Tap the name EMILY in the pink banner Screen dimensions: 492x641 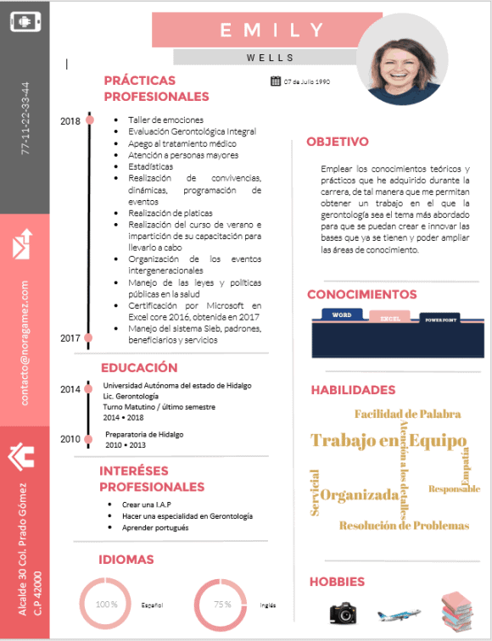point(272,31)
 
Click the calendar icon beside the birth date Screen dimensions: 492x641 point(275,81)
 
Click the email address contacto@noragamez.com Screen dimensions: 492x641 point(25,343)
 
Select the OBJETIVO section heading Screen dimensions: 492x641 point(338,142)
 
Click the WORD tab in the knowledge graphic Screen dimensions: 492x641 point(342,315)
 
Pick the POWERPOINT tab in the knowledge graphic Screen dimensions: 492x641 point(440,320)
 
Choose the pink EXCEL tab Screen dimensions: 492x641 point(390,318)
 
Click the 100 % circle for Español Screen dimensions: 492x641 point(106,605)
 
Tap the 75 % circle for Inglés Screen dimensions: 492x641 point(221,605)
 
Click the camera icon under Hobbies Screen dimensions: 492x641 point(343,612)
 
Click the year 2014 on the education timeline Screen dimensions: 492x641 point(70,389)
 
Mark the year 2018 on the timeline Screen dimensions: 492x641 point(70,121)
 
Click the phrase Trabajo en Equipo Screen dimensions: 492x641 point(389,441)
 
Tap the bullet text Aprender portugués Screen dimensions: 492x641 point(155,527)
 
